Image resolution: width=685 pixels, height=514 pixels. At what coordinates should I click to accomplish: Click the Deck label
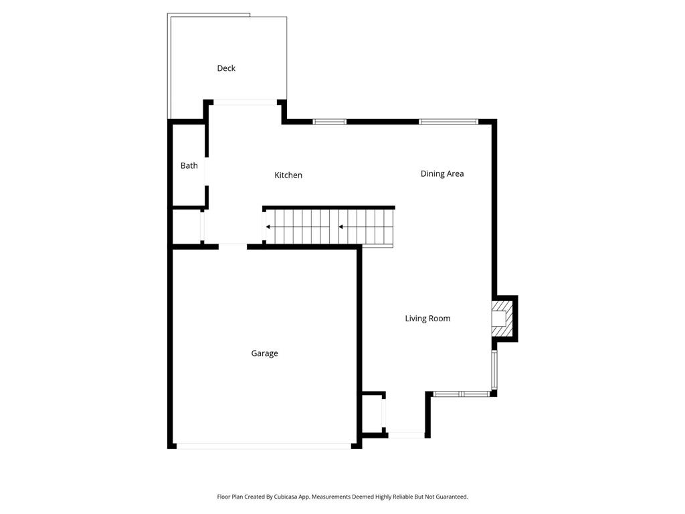click(x=226, y=68)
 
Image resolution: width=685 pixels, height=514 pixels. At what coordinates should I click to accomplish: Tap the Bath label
click(x=189, y=166)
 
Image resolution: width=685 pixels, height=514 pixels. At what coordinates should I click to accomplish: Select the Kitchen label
click(x=288, y=175)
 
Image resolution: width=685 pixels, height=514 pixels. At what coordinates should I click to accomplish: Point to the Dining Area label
click(x=442, y=174)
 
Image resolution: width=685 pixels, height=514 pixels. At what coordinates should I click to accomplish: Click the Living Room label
click(x=427, y=319)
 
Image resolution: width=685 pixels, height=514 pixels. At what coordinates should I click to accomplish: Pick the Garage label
click(x=264, y=353)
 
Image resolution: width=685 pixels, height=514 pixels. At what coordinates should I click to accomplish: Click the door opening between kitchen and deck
click(x=245, y=102)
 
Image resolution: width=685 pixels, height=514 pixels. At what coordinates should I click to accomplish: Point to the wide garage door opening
click(x=264, y=446)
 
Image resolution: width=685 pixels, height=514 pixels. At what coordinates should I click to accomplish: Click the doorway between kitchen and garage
click(x=233, y=247)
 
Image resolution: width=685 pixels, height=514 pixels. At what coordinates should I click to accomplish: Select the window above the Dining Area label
click(x=449, y=122)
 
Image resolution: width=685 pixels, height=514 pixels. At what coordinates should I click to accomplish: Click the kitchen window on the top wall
click(x=330, y=122)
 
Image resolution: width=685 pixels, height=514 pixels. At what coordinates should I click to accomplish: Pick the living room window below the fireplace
click(x=494, y=369)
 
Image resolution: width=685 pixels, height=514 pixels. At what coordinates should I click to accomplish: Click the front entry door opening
click(x=406, y=435)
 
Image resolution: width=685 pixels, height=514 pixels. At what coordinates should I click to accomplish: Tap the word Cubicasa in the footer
click(x=286, y=497)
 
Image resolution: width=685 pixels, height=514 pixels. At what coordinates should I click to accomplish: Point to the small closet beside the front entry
click(x=373, y=414)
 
